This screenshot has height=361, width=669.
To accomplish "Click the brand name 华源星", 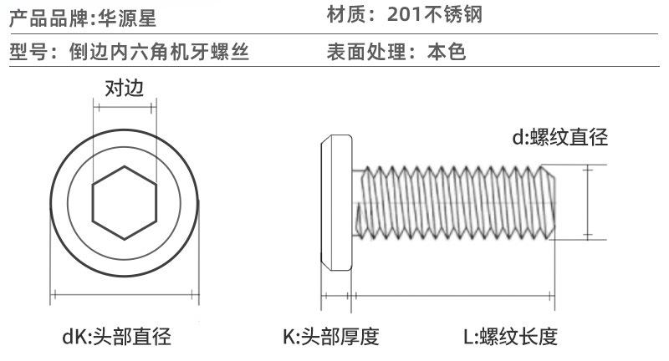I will coord(128,16).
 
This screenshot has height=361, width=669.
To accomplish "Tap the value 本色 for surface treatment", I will coord(446,52).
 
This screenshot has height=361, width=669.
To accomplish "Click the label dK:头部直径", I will coord(117,337).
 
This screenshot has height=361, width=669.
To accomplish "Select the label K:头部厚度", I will coord(331,337).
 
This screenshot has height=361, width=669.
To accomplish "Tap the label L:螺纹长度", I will coord(511,337).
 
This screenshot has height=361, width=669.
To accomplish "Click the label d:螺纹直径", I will coord(559,137).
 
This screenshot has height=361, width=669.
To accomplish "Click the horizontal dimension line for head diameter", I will coord(125,295).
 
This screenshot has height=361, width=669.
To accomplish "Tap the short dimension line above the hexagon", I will coord(125,109).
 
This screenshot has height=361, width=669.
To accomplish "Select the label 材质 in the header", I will coord(344,15).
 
